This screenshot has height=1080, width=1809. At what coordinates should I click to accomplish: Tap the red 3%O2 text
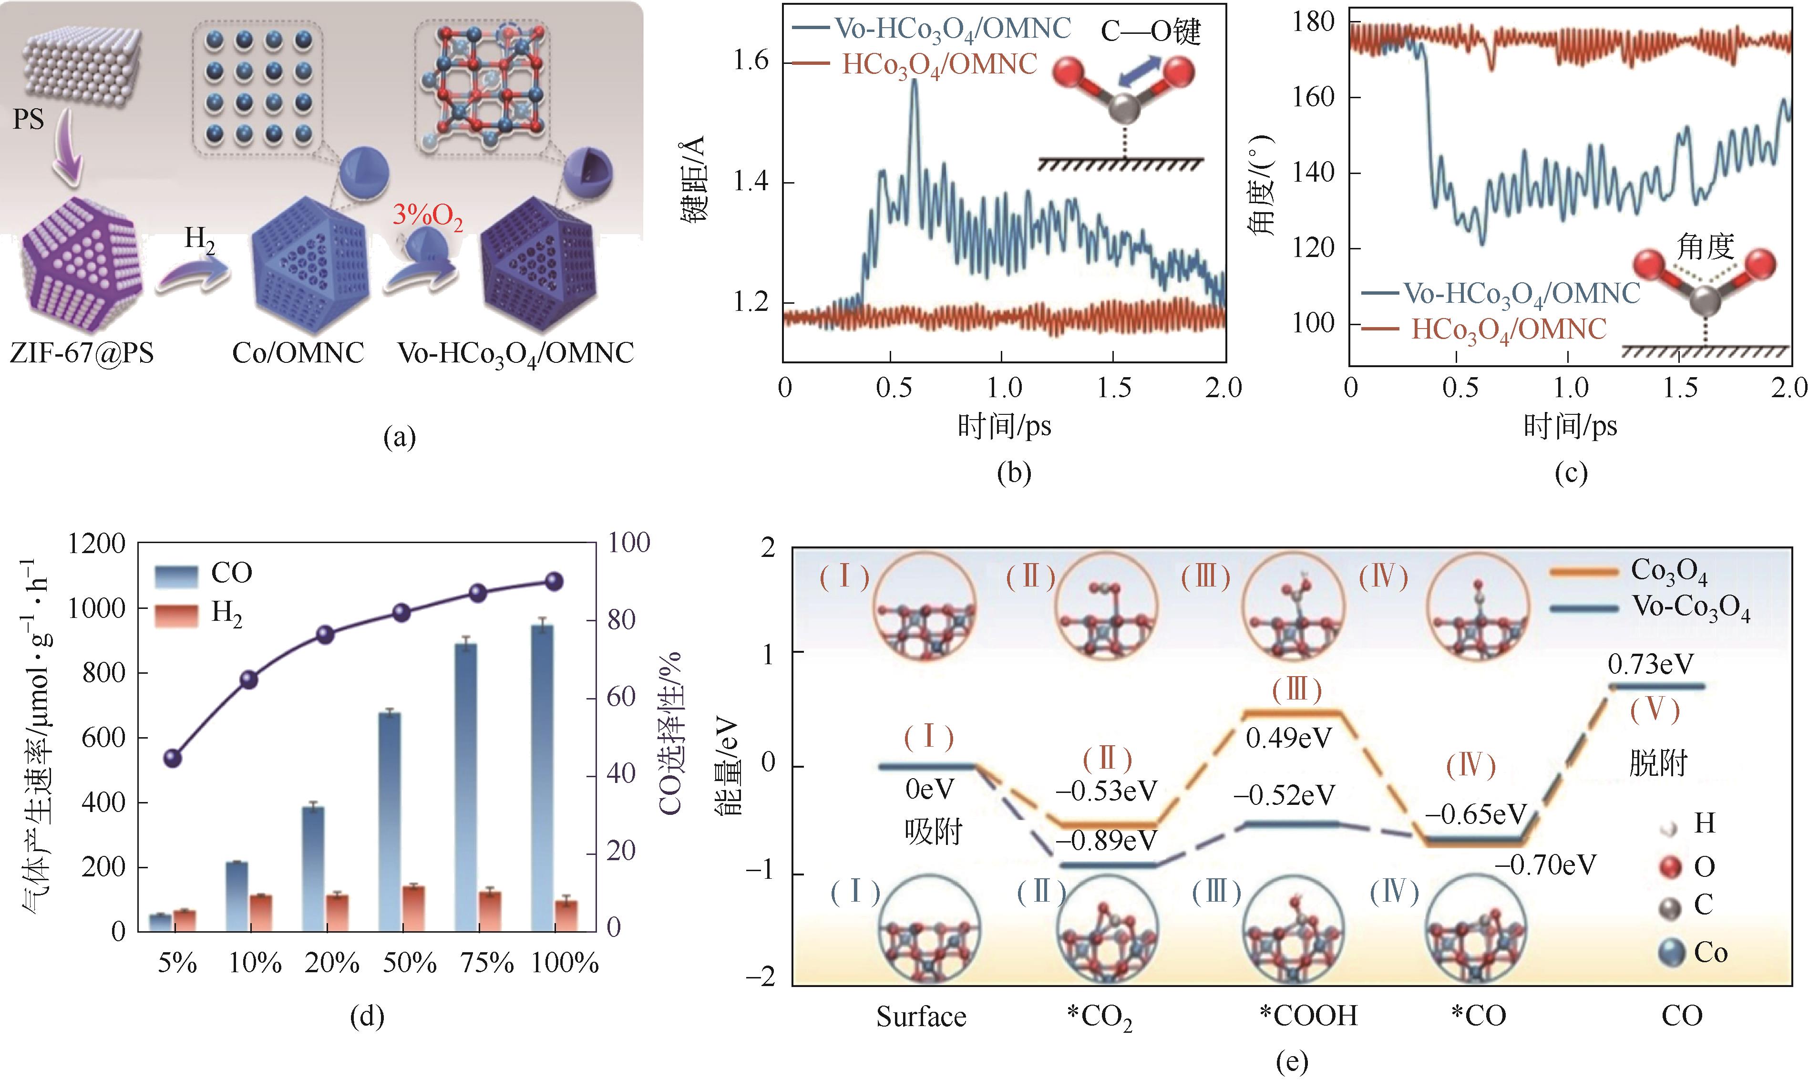click(x=428, y=216)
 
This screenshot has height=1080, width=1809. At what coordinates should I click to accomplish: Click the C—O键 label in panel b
click(x=1150, y=32)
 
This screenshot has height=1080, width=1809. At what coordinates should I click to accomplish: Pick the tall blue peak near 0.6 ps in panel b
click(x=915, y=82)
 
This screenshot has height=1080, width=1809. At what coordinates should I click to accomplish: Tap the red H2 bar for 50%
click(x=414, y=908)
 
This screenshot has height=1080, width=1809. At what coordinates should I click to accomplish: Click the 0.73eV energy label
click(x=1650, y=664)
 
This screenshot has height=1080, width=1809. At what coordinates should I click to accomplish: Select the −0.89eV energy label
click(x=1106, y=841)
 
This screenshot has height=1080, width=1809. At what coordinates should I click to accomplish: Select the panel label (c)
click(x=1570, y=474)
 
